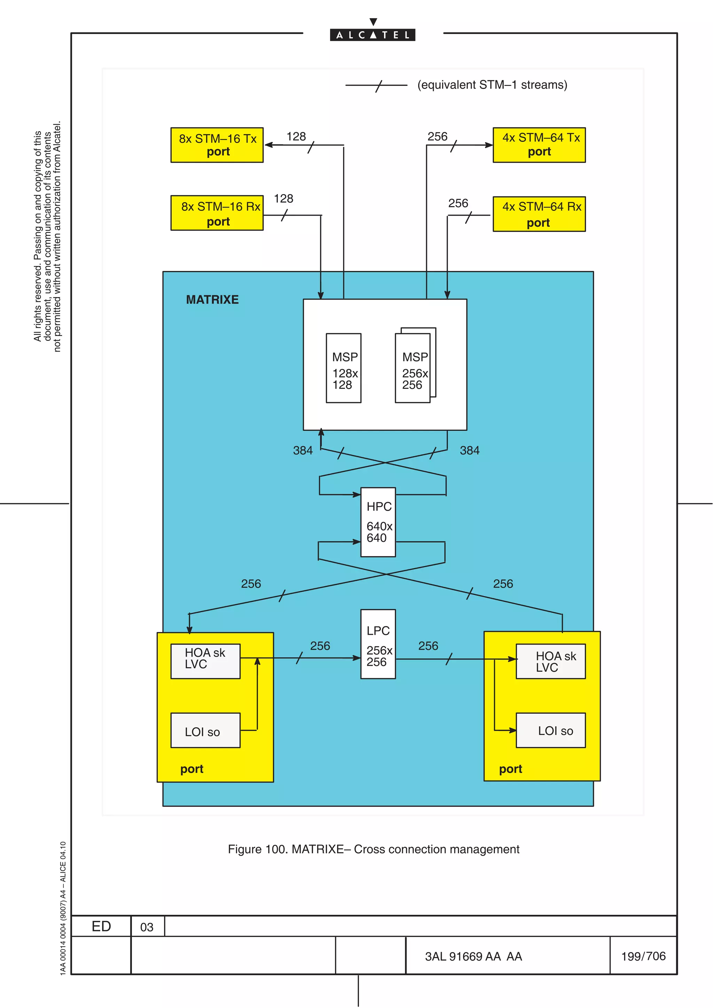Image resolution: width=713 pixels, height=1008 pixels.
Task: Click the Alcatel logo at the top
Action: tap(373, 34)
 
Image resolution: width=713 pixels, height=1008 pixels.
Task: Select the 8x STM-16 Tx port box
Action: tap(217, 145)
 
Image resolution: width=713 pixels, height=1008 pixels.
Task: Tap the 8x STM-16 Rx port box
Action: tap(217, 213)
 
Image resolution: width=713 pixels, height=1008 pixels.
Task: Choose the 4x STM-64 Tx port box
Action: tap(539, 145)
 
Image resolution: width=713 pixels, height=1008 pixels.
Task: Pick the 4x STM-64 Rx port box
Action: tap(539, 214)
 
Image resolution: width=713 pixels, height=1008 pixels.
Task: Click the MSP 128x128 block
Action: tap(344, 368)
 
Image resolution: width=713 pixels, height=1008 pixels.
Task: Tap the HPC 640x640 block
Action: tap(378, 522)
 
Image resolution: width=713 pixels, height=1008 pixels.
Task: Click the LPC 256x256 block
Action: tap(378, 644)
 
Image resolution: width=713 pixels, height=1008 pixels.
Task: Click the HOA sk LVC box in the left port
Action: tap(205, 661)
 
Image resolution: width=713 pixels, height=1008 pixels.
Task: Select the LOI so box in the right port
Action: tap(550, 730)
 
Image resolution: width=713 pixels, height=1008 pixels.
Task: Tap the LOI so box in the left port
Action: tap(205, 730)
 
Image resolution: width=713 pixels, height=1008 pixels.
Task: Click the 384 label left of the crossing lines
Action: tap(303, 450)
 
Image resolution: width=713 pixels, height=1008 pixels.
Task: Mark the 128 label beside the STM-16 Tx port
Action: tap(296, 137)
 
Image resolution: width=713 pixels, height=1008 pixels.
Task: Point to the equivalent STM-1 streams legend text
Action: tap(492, 85)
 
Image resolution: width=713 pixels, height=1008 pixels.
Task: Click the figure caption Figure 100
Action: tap(374, 849)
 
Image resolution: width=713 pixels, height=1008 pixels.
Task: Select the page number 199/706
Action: tap(643, 956)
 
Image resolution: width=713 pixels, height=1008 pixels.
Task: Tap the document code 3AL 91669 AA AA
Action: tap(473, 956)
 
